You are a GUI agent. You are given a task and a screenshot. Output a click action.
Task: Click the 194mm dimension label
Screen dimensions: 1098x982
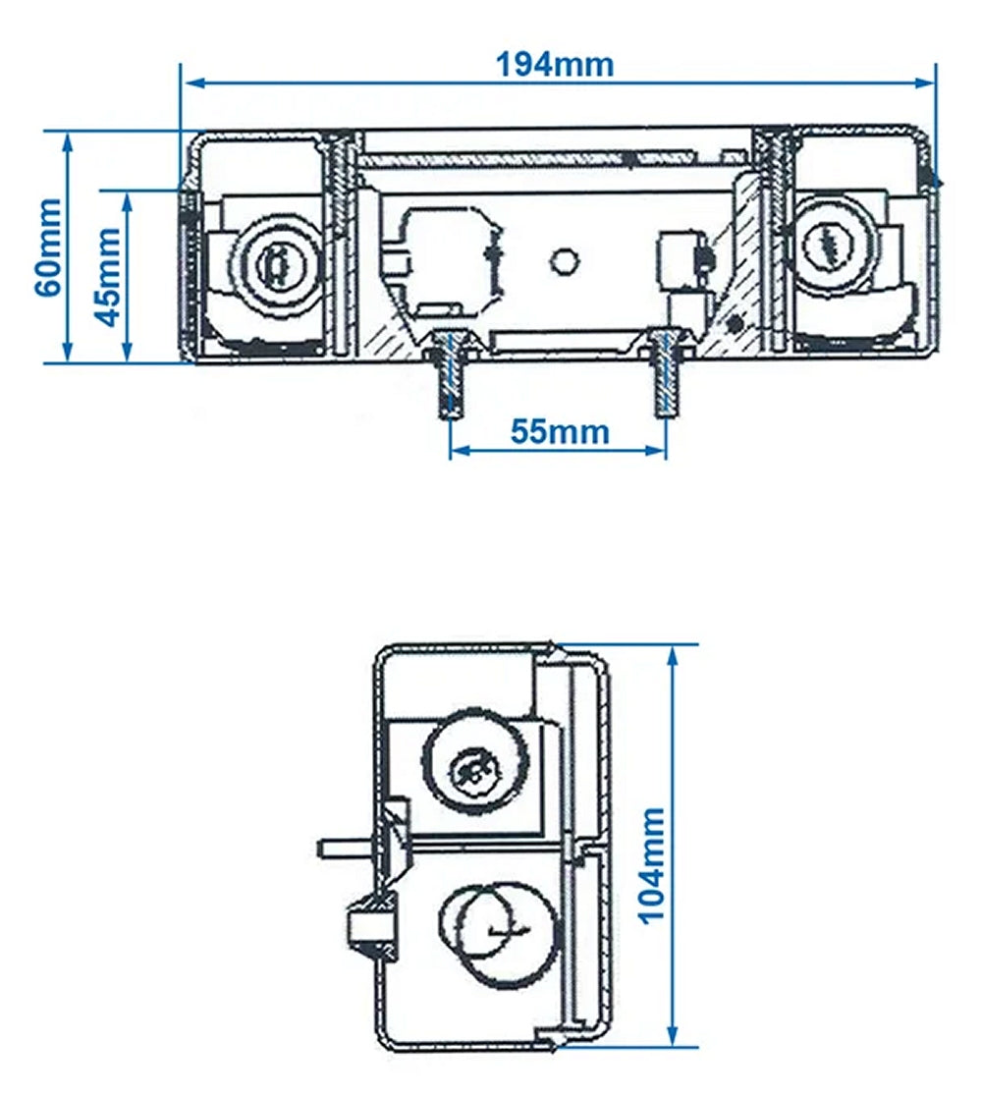[555, 65]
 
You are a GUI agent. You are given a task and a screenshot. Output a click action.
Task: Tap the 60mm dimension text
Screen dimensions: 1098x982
[46, 247]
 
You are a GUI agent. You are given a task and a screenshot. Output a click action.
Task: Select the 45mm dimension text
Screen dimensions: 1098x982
[108, 276]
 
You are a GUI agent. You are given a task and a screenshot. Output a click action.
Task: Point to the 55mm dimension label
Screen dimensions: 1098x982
[560, 431]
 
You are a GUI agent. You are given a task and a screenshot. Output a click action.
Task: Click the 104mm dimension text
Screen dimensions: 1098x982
[651, 865]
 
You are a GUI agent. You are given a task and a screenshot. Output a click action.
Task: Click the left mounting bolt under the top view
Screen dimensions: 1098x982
[449, 378]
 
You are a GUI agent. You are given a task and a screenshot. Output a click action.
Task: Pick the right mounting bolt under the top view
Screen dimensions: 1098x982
[665, 378]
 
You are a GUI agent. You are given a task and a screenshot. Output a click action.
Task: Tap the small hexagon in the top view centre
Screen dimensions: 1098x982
[563, 260]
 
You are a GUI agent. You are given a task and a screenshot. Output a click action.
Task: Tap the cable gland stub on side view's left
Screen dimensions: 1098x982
[365, 924]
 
